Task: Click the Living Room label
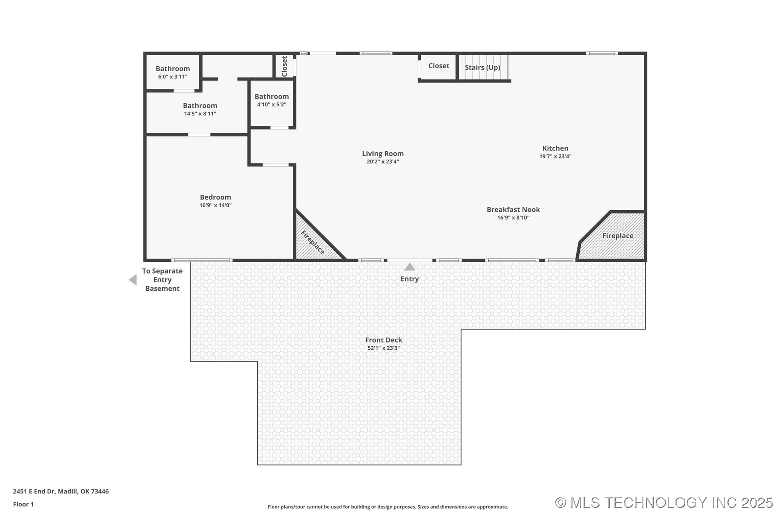[383, 154]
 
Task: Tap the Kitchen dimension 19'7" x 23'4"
[555, 157]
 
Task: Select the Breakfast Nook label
[513, 210]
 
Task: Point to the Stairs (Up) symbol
[483, 67]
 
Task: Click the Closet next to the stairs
[438, 66]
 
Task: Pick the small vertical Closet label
[284, 66]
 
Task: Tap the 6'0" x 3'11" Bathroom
[173, 72]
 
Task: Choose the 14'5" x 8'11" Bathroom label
[200, 106]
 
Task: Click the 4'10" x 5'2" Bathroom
[271, 100]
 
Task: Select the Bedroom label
[215, 197]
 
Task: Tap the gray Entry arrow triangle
[409, 267]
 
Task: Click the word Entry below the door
[409, 279]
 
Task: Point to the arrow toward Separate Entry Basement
[133, 280]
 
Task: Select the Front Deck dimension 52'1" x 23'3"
[383, 348]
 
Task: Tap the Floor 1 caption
[23, 504]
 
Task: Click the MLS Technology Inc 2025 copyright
[664, 503]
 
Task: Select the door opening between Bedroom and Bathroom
[199, 135]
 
